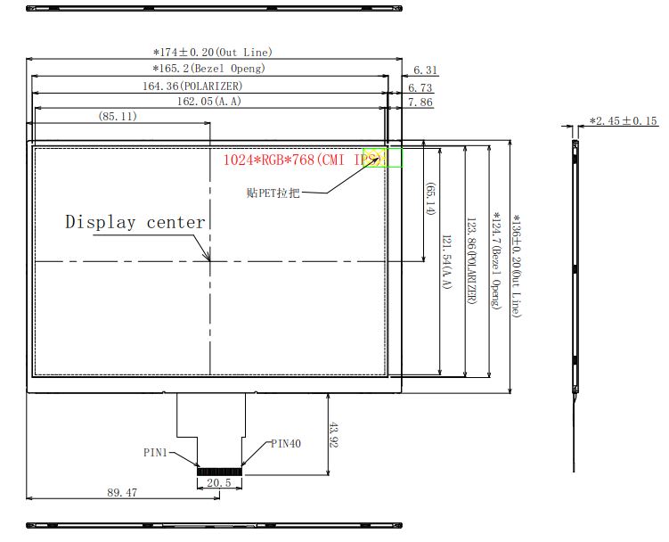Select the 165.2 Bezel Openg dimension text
(x=208, y=69)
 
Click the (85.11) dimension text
(x=118, y=117)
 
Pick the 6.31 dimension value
(x=426, y=70)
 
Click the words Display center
(x=135, y=223)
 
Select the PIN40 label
(x=286, y=443)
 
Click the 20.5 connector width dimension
(x=218, y=483)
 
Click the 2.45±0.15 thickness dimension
(x=624, y=121)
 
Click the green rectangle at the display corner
(x=384, y=158)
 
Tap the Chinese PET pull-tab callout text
(x=273, y=193)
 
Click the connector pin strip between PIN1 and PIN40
(x=219, y=468)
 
